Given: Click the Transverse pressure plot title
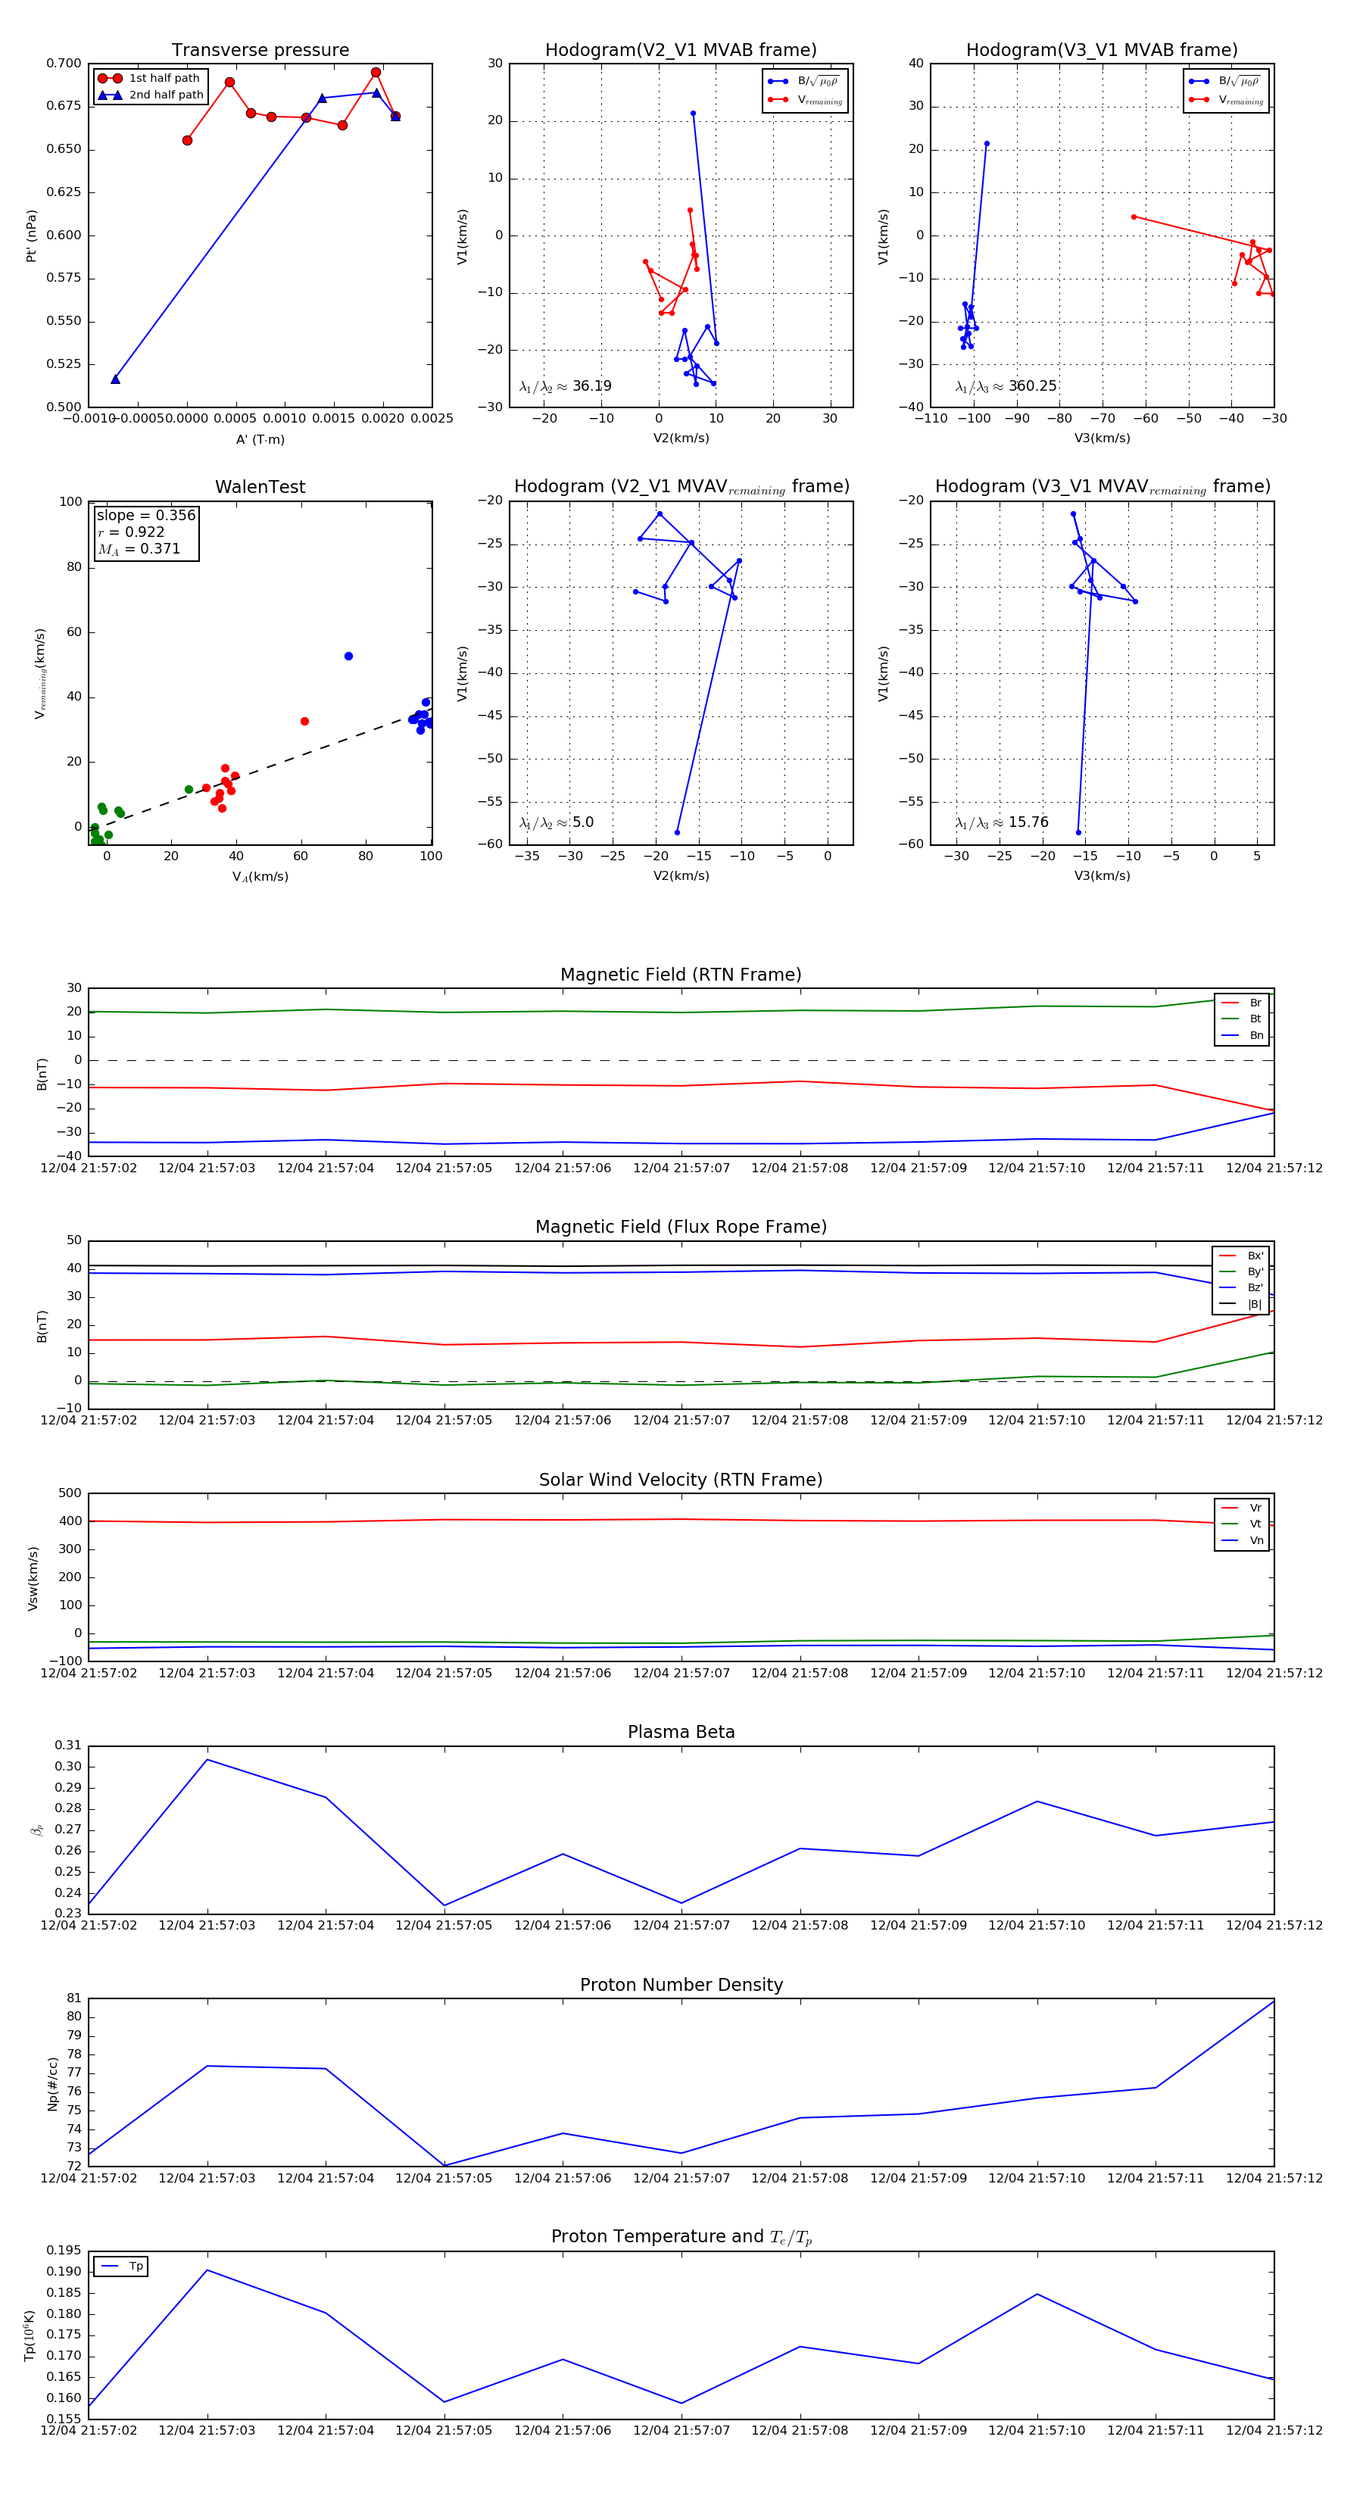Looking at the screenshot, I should (x=260, y=51).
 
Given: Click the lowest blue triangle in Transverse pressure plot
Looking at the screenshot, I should (x=115, y=379).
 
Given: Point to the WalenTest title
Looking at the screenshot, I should (x=260, y=487).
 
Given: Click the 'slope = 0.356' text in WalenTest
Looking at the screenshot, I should (x=145, y=515).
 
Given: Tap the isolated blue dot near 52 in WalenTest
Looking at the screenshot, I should (x=348, y=657).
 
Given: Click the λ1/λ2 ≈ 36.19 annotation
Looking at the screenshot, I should (x=565, y=386).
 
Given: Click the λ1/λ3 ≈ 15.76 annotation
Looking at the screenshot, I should (x=1001, y=822).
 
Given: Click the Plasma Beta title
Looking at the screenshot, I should (x=681, y=1732).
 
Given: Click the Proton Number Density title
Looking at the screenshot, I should (x=681, y=1985).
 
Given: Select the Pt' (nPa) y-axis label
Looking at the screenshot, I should (x=31, y=236).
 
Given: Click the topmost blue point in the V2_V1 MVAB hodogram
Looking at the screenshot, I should (x=693, y=114).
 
